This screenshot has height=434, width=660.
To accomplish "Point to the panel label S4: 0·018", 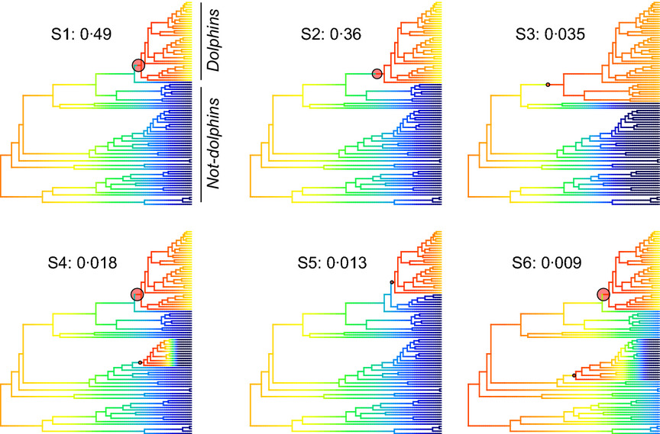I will click(81, 264).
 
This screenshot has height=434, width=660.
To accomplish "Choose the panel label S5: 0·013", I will click(332, 264).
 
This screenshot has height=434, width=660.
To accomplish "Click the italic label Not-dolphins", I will click(214, 143).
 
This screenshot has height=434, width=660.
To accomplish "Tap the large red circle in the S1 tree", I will click(137, 66).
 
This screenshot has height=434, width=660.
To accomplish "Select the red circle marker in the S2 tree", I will click(377, 73).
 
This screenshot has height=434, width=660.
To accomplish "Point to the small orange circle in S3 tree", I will click(548, 84).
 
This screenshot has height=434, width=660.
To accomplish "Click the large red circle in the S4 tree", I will click(137, 294).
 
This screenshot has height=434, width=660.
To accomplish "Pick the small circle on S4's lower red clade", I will click(140, 362).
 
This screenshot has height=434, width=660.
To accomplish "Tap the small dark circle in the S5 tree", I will click(391, 282).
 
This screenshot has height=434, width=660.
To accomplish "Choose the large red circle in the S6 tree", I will click(603, 294).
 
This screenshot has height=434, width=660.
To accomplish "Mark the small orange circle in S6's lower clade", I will click(574, 375).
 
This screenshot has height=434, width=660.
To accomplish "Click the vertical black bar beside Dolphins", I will click(200, 41).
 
